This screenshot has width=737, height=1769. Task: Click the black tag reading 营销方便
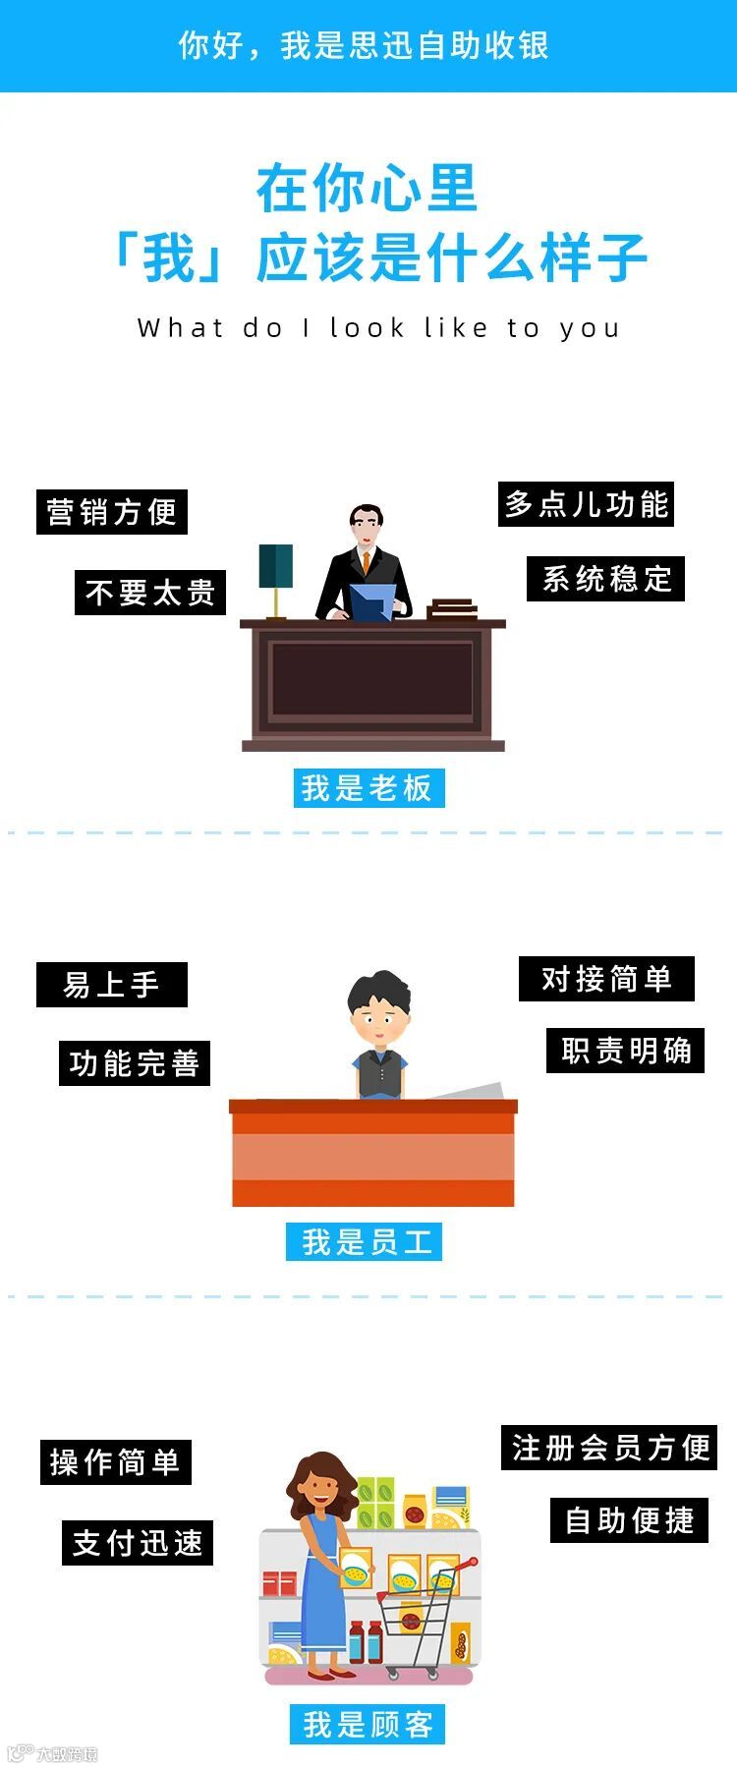[x=112, y=512]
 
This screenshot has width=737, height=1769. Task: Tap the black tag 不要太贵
[x=150, y=593]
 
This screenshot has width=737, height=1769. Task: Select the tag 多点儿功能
[x=587, y=504]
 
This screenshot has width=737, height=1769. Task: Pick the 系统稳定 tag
[x=606, y=579]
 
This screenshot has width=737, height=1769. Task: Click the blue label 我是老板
[x=368, y=788]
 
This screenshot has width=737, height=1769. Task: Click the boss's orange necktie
[x=366, y=563]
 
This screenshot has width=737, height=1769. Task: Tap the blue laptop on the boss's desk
[x=372, y=601]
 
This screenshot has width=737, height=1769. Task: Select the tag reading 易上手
[x=112, y=985]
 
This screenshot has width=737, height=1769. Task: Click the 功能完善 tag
[x=135, y=1063]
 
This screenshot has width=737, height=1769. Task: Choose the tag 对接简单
[x=606, y=979]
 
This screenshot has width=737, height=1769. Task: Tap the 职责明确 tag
[x=626, y=1051]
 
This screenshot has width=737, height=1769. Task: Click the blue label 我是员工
[x=365, y=1242]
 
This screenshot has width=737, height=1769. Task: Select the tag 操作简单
[x=115, y=1462]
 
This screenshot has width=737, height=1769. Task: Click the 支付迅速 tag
[x=138, y=1543]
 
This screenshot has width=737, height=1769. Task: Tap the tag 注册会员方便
[x=609, y=1448]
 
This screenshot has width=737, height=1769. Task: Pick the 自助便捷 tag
[x=630, y=1520]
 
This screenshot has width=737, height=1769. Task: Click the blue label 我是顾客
[x=368, y=1725]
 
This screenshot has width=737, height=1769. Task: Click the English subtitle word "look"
[x=368, y=327]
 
